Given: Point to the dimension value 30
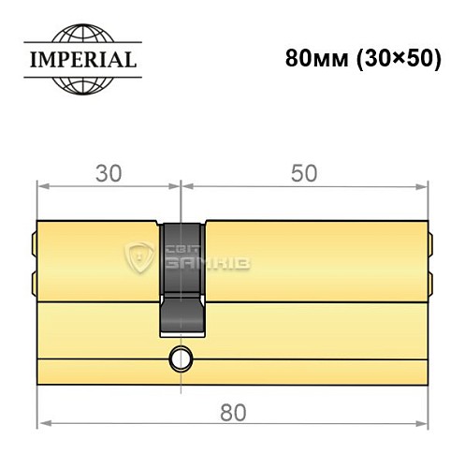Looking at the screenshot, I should pyautogui.click(x=107, y=173).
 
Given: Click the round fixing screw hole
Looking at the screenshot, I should pyautogui.click(x=178, y=358).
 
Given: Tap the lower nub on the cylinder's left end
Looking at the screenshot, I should pyautogui.click(x=35, y=280).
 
